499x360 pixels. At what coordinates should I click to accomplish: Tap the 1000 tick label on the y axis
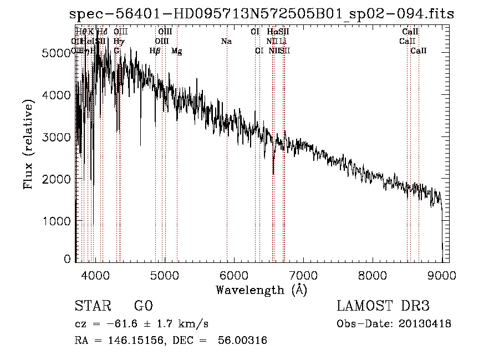tap(58, 221)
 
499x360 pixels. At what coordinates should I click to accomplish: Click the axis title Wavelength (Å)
tap(261, 290)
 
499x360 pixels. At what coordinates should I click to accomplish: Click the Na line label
tap(226, 41)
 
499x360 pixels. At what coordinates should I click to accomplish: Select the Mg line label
tap(176, 51)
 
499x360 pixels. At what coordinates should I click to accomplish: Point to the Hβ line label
tap(155, 51)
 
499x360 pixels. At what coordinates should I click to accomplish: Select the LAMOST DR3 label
tap(383, 306)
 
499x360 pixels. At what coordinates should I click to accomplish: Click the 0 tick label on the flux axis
tap(68, 259)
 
